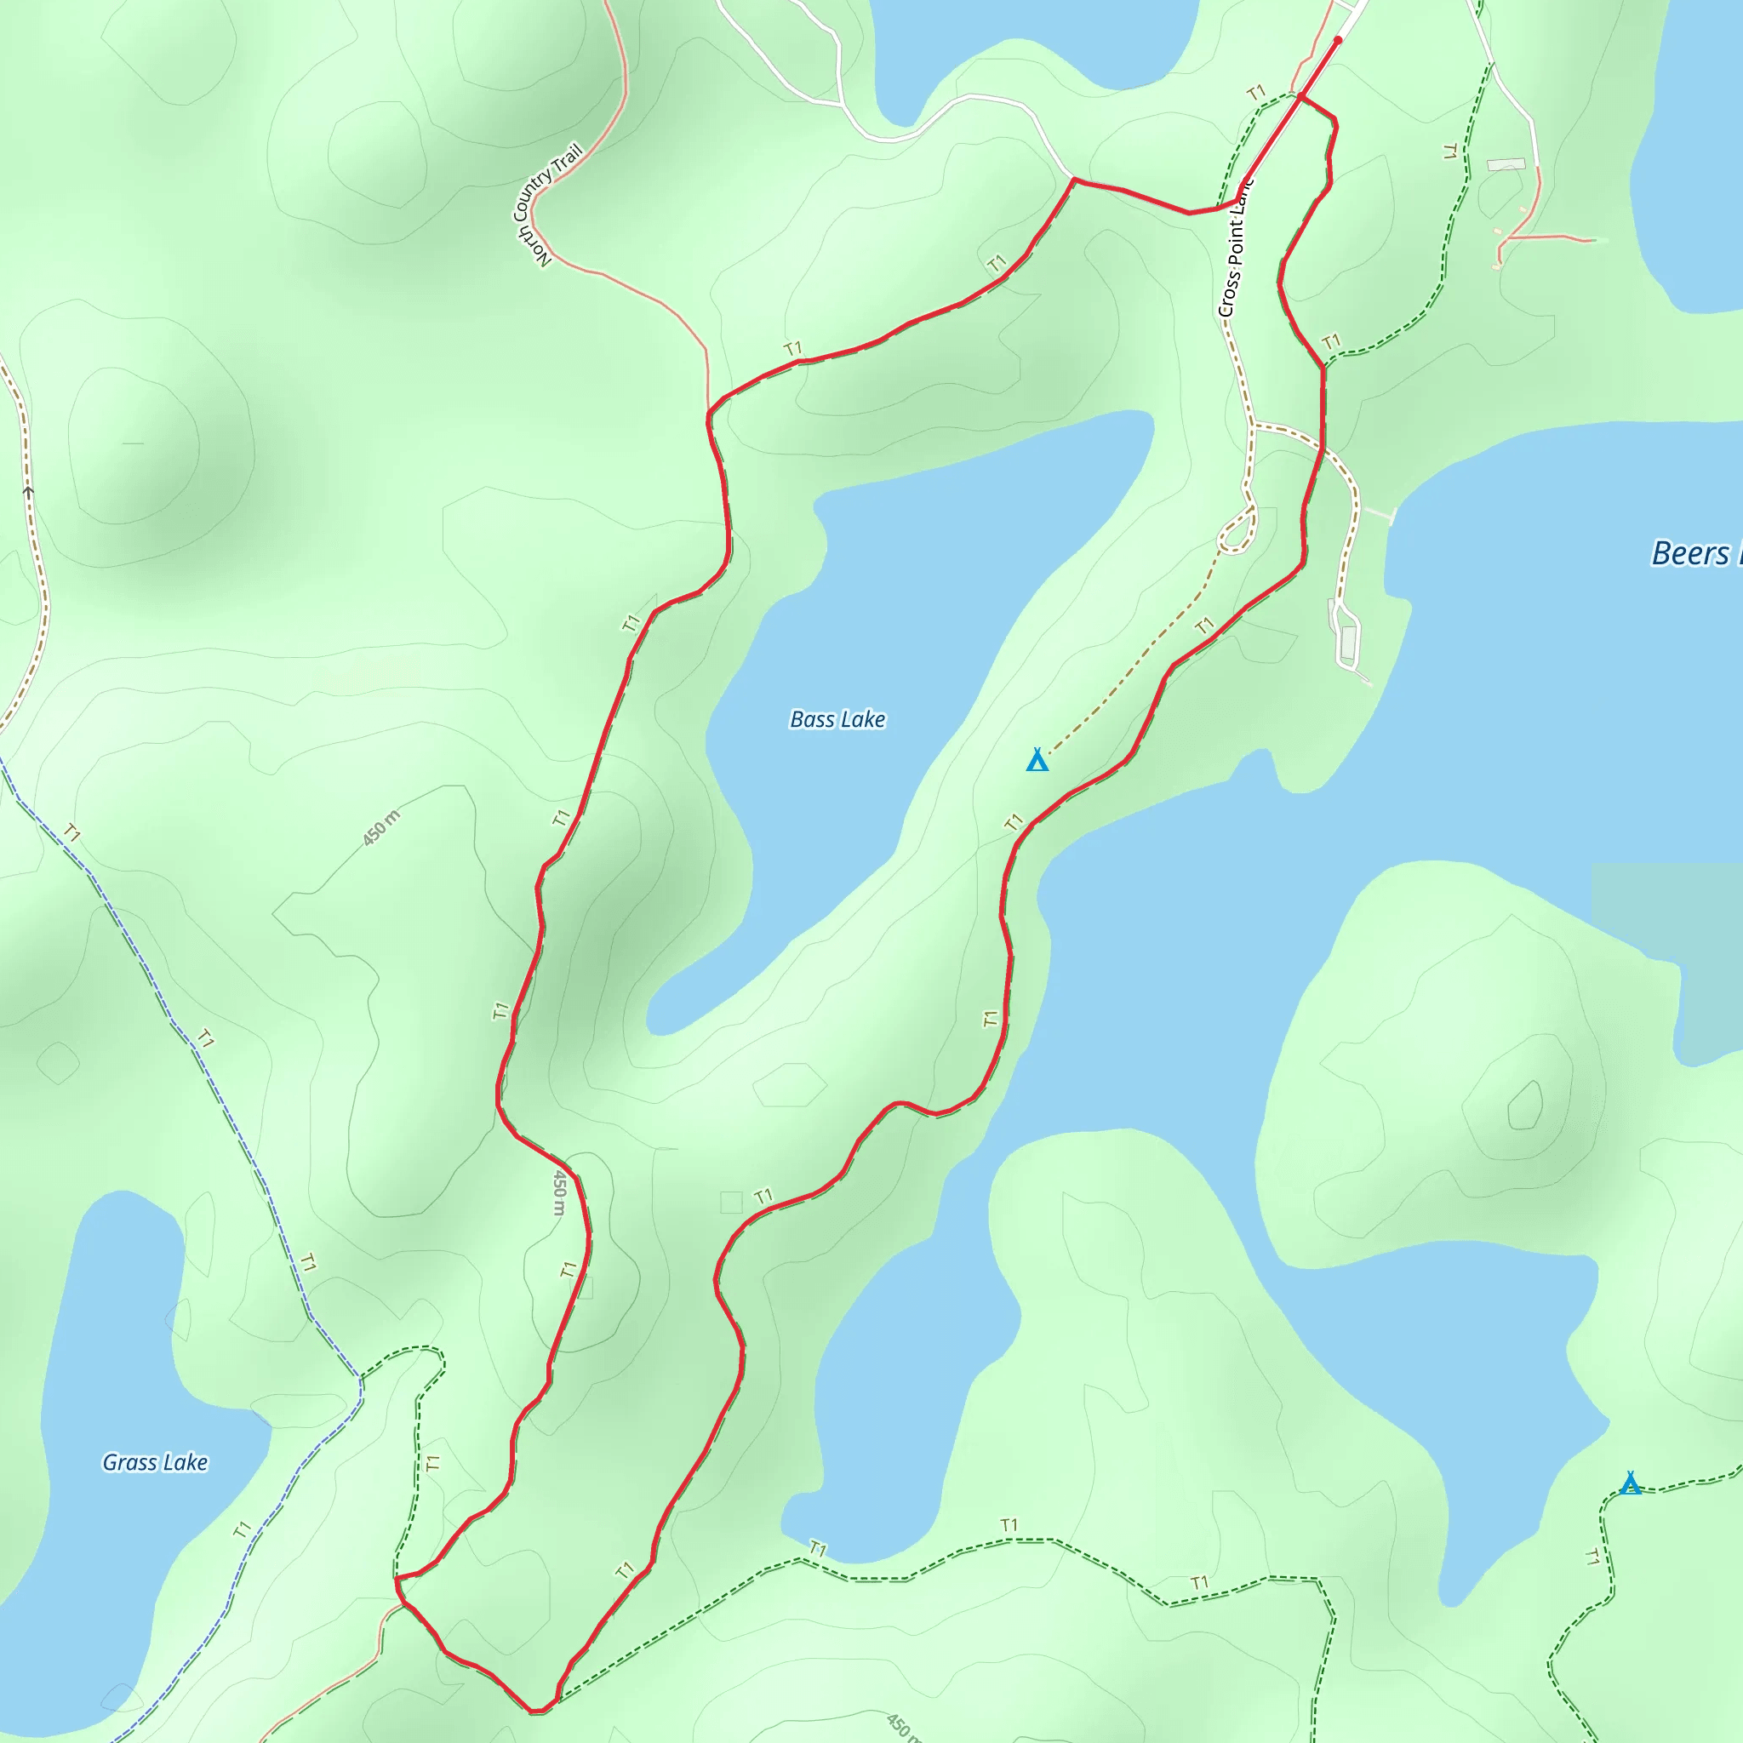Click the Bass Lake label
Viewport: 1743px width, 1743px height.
(837, 719)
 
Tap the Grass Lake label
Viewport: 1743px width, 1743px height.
(155, 1462)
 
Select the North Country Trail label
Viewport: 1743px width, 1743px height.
(546, 206)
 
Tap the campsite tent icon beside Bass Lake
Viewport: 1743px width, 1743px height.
(1037, 761)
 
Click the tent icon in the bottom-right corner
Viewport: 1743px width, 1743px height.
(1629, 1483)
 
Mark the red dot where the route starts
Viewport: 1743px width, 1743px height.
(1338, 41)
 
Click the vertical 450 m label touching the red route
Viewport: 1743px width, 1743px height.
(559, 1192)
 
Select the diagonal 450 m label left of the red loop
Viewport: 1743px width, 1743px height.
(380, 828)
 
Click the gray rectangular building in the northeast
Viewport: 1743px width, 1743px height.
(1506, 165)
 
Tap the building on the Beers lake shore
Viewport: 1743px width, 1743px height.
(1349, 643)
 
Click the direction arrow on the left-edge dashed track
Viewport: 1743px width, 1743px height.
(28, 493)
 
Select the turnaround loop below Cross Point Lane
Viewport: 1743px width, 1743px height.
(1237, 532)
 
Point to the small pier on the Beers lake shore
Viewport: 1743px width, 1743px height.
(1379, 514)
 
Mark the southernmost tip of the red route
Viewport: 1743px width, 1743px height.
(538, 1711)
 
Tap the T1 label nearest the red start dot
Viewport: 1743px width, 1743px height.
(1256, 93)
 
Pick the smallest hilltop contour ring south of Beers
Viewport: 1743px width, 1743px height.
(1523, 1106)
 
